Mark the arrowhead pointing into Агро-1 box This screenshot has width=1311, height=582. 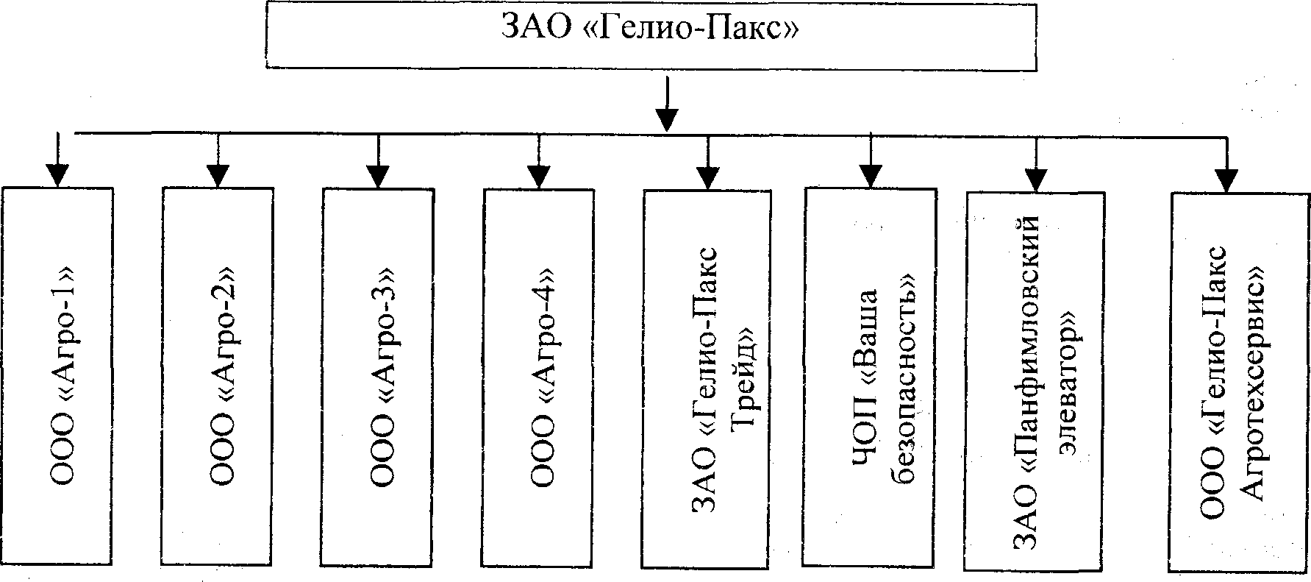pos(57,174)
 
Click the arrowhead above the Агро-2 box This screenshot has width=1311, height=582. pos(218,175)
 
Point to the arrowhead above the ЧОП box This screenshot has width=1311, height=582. pos(871,176)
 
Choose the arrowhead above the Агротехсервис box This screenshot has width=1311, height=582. pos(1226,180)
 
